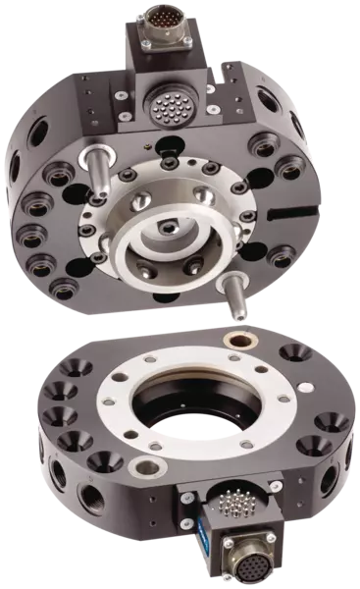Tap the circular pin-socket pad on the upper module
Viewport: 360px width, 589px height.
pos(170,101)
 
